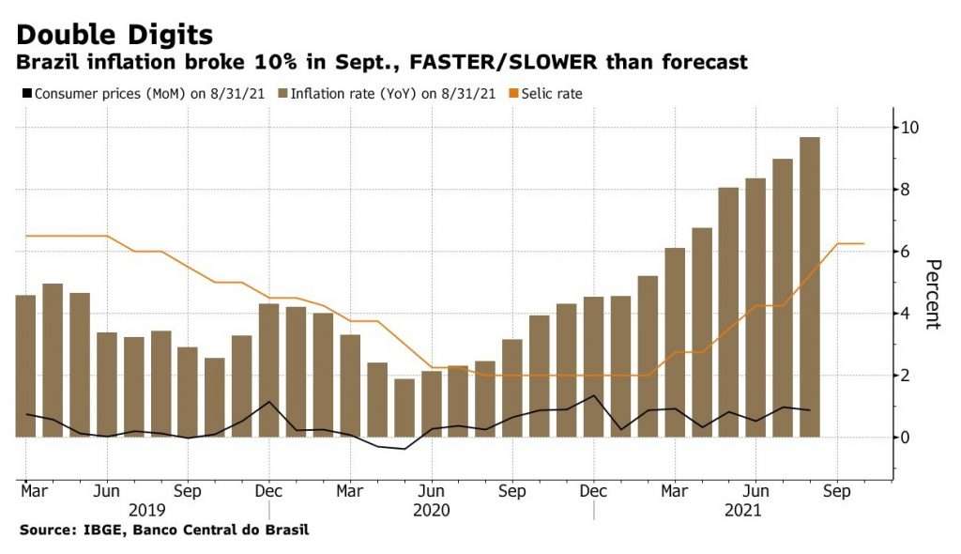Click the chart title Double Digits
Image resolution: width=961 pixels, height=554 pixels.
pos(114,35)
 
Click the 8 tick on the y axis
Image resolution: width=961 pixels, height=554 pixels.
pos(907,190)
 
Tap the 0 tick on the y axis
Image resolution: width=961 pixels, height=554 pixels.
pos(907,438)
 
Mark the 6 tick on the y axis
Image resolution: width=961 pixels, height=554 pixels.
pos(907,252)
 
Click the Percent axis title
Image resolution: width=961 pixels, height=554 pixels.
pos(931,293)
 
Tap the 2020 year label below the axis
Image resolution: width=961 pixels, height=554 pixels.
pos(432,511)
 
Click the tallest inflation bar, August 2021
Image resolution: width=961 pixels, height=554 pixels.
pos(809,286)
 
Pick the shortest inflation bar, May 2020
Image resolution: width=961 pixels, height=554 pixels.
pos(404,408)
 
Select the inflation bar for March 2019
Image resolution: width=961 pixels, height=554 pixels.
pos(25,366)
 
